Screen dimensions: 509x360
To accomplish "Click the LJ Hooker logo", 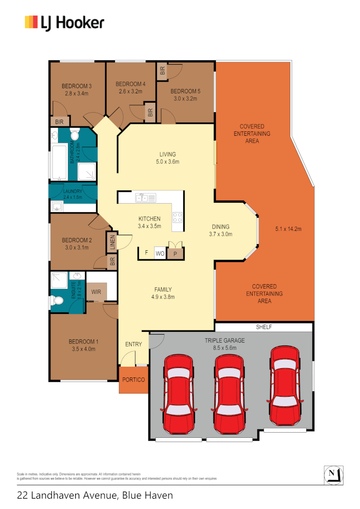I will pos(65,22).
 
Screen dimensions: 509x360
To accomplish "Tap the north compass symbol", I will pos(333,474).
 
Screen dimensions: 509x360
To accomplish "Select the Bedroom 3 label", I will pos(76,86).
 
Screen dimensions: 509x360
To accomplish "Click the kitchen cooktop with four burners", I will pos(178,218).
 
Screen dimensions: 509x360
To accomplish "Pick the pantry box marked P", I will pos(175,254).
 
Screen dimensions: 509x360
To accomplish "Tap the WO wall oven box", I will pos(160,254).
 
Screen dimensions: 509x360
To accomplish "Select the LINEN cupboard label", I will pos(112,241).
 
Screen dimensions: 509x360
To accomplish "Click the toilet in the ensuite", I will pos(57,300).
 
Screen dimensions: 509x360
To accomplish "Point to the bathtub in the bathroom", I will pos(59,163).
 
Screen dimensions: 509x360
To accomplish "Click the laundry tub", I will pos(57,206).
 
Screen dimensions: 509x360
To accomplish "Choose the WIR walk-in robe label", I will pos(96,292).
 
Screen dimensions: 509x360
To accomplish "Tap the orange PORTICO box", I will pos(133,380).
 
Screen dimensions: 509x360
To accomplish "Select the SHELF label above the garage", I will pos(264,327).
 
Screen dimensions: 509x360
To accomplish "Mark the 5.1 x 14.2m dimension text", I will pos(288,230).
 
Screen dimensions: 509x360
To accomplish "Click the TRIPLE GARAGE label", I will pos(224,340).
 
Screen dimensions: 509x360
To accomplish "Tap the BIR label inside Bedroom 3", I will pos(59,122).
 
